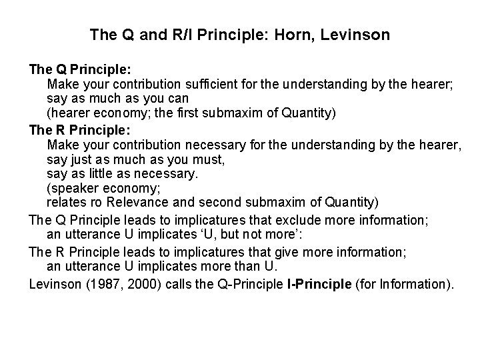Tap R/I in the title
181,34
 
